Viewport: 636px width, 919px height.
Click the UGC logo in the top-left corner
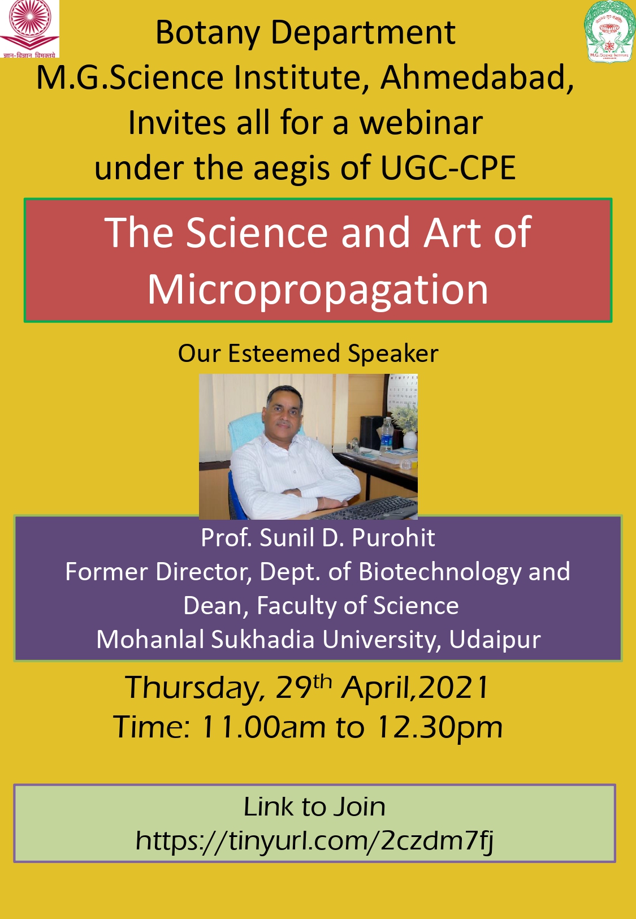click(x=29, y=28)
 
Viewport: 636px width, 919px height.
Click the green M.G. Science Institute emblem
click(x=609, y=31)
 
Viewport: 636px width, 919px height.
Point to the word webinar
click(x=421, y=123)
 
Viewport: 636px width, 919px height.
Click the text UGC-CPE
click(x=448, y=168)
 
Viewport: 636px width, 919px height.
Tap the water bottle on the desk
click(x=386, y=434)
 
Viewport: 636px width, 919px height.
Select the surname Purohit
click(x=393, y=537)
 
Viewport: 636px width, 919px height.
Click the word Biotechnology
click(x=440, y=572)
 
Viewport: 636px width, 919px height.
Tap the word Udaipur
click(x=495, y=640)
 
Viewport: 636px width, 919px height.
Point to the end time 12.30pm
click(x=439, y=727)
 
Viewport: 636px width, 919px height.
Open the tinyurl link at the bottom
click(x=314, y=840)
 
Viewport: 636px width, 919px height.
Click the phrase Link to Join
click(x=314, y=806)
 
